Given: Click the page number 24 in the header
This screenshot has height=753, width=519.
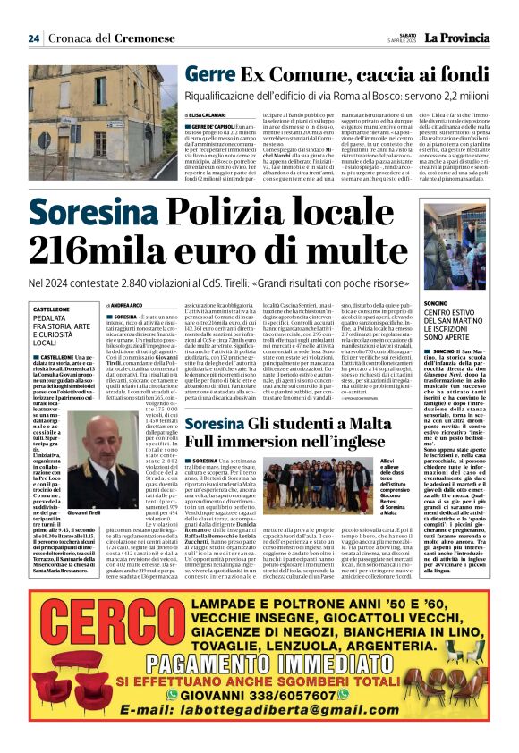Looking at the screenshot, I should [34, 38].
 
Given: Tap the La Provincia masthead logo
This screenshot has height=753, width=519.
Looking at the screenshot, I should [455, 38].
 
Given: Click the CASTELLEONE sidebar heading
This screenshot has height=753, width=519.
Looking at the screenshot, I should [51, 309].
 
